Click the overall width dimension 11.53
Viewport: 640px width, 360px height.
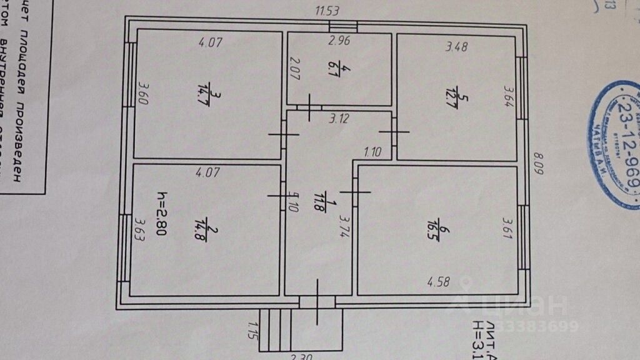[327, 10]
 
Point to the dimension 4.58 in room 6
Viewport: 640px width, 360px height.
[439, 282]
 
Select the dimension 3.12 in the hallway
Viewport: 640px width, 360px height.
[339, 118]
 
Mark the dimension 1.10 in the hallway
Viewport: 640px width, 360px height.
[372, 151]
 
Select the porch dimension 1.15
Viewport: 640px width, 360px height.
[252, 330]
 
